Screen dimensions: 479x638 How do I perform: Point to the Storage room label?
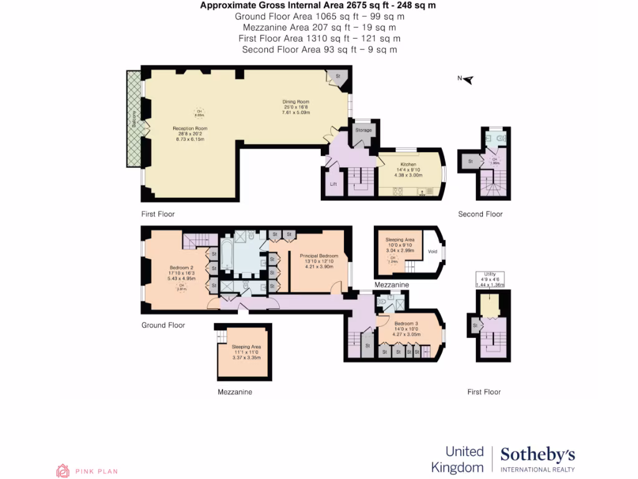(x=363, y=130)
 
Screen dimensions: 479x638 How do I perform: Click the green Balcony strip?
(x=134, y=119)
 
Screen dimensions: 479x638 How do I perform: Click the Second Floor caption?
(x=480, y=214)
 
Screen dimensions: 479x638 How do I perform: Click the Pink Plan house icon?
(x=62, y=471)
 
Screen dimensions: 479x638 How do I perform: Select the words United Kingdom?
(x=464, y=459)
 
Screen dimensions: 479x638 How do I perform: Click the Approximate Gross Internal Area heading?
(x=318, y=6)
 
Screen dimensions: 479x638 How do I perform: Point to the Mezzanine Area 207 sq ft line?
(x=318, y=27)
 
